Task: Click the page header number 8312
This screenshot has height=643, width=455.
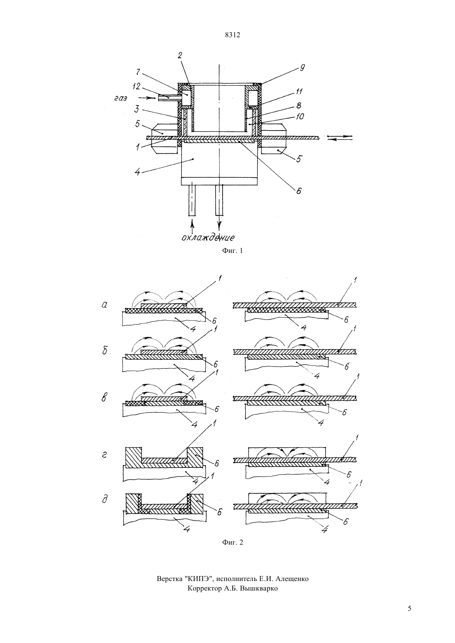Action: pyautogui.click(x=232, y=35)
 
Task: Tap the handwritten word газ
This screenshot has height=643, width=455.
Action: pyautogui.click(x=121, y=98)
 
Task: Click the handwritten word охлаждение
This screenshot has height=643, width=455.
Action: pyautogui.click(x=208, y=237)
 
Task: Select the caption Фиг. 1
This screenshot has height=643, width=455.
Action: pyautogui.click(x=232, y=250)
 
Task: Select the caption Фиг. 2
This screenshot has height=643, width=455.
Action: pyautogui.click(x=232, y=542)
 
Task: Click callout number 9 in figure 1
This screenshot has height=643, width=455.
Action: pyautogui.click(x=302, y=68)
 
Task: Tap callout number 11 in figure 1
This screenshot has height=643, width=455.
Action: pyautogui.click(x=299, y=91)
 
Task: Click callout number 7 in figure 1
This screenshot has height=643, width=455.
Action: pyautogui.click(x=138, y=72)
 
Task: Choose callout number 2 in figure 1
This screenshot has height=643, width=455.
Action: pyautogui.click(x=180, y=55)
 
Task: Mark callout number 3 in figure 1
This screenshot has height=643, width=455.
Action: pyautogui.click(x=137, y=110)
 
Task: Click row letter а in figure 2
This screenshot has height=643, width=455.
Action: pyautogui.click(x=105, y=305)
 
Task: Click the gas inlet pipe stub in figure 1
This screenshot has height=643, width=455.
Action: pyautogui.click(x=168, y=98)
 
